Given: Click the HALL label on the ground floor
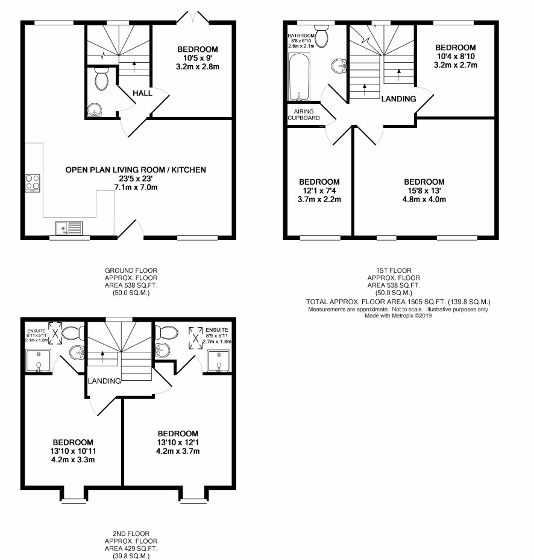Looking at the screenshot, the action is [142, 93].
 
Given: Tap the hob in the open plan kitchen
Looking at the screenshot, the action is [33, 183].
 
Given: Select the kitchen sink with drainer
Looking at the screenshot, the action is [69, 228].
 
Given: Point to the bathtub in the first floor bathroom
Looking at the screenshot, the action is [300, 77].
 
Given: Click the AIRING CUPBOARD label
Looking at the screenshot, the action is [304, 115].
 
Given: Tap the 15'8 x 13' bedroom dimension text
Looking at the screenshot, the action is [424, 191].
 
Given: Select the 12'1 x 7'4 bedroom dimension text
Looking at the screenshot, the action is [319, 191].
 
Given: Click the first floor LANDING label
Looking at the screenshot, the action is [398, 99].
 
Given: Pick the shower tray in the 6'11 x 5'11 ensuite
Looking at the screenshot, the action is [38, 361].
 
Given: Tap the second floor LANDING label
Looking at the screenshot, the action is [104, 381].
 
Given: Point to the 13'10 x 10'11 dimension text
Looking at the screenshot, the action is [73, 451].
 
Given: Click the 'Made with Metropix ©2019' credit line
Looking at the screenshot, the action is [398, 316].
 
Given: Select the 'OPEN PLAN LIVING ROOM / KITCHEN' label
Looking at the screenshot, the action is [136, 170].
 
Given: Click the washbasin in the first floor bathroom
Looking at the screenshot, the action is [339, 66].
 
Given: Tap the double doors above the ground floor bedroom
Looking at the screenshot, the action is [193, 17].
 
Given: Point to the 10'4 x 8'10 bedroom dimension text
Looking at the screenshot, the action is [456, 57].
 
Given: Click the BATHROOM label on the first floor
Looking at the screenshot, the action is [301, 36].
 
